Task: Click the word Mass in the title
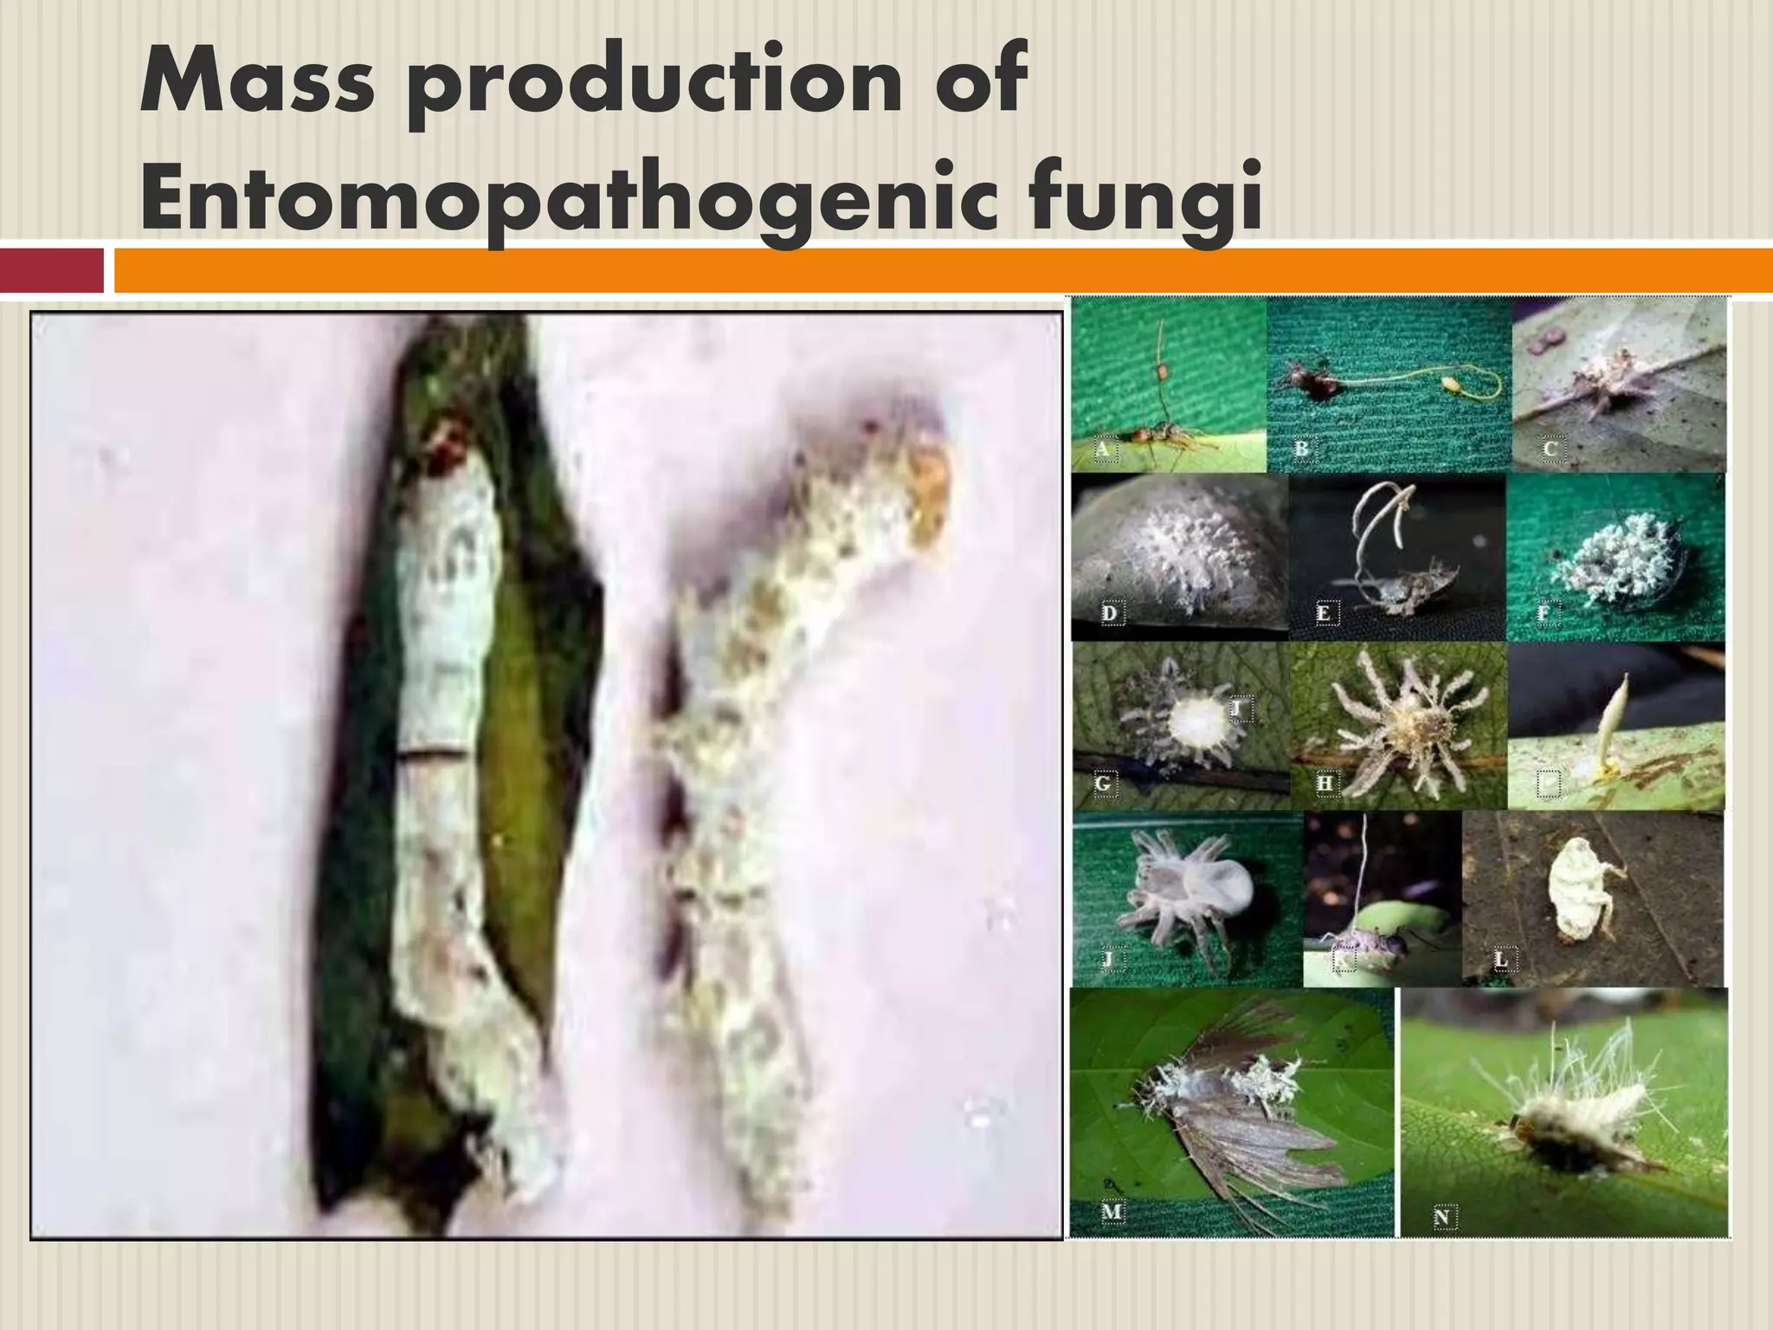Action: click(250, 82)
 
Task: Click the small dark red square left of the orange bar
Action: click(51, 270)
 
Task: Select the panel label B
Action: click(1301, 449)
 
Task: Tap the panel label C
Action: click(1550, 449)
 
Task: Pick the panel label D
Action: click(1110, 614)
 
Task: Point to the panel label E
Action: click(1323, 614)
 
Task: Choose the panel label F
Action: click(1543, 614)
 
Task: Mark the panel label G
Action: click(1103, 784)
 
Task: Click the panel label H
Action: click(1325, 784)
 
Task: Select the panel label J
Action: click(1108, 959)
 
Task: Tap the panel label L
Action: click(1502, 959)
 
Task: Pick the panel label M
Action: click(1112, 1212)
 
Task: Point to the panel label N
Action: click(1441, 1217)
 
